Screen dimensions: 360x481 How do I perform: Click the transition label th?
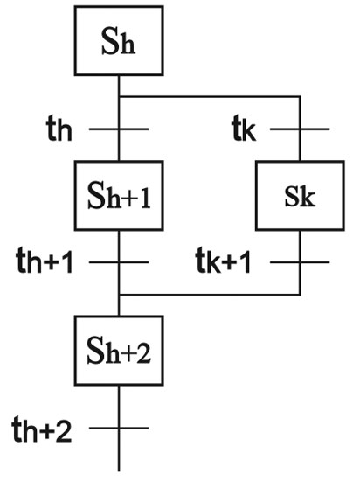[x=59, y=129]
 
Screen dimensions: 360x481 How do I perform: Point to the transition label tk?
[x=244, y=129]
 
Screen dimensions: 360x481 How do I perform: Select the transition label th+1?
[x=45, y=261]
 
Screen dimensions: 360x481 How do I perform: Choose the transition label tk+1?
[x=224, y=261]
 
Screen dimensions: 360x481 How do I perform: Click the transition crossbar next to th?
[x=119, y=129]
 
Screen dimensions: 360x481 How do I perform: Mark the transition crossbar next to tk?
[x=300, y=129]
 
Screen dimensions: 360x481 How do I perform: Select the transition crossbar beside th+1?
[x=119, y=262]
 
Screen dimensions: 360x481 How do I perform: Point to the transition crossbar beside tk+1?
[x=300, y=262]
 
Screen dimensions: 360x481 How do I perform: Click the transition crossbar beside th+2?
[x=119, y=428]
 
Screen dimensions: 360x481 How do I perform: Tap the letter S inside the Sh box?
[x=110, y=42]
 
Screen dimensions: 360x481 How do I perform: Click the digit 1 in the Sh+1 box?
[x=145, y=199]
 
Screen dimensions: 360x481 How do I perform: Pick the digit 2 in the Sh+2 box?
[x=143, y=353]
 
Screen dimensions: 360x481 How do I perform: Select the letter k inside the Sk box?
[x=308, y=196]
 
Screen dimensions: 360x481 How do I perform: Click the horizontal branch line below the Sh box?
[x=210, y=97]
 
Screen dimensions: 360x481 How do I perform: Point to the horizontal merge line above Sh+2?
[x=210, y=295]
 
